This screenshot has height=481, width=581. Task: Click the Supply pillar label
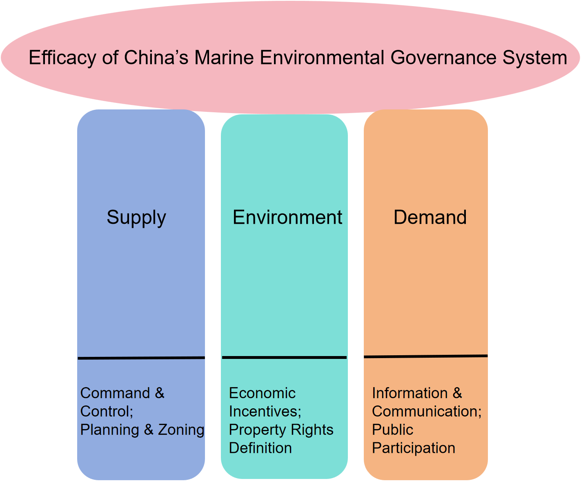coord(136,218)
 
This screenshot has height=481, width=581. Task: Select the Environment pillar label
coord(287,217)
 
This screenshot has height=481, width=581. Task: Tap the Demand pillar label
coord(430,217)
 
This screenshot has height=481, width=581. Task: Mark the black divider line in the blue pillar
coord(141,358)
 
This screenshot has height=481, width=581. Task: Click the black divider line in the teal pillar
coord(284,358)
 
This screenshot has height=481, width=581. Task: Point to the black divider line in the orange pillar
coord(426,356)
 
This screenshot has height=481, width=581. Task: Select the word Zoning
coord(181,430)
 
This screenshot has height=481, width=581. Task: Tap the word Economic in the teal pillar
coord(262,393)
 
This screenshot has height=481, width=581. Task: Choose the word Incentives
coord(265,411)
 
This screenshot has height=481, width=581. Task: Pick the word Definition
coord(260,448)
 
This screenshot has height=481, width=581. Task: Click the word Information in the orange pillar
coord(410,393)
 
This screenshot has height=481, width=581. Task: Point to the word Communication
coord(427,411)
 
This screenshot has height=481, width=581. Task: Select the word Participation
coord(414,448)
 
